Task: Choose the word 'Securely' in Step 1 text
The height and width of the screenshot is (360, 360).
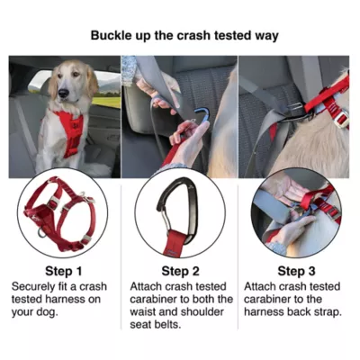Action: coord(35,286)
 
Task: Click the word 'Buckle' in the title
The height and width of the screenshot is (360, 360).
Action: coord(112,36)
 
